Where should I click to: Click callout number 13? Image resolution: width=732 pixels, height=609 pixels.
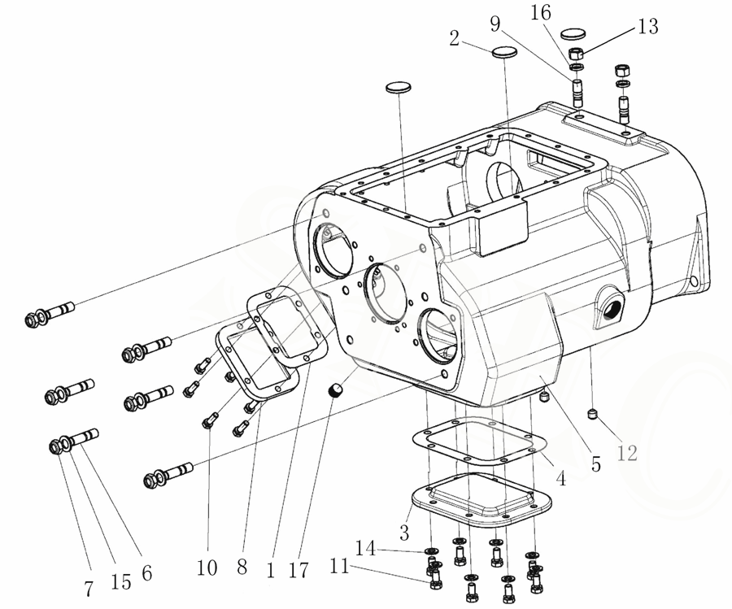[x=648, y=26]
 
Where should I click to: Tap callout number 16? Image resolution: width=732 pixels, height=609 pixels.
[x=541, y=12]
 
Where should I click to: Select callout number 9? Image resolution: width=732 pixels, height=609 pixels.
[x=495, y=24]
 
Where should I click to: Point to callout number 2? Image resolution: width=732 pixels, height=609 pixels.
[x=454, y=39]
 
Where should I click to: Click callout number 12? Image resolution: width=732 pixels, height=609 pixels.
[x=627, y=453]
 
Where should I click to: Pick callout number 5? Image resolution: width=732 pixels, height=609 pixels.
[x=596, y=464]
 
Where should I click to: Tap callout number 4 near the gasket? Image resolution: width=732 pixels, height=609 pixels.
[x=560, y=478]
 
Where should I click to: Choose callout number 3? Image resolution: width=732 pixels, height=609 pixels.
[x=404, y=532]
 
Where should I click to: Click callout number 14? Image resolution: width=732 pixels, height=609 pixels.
[x=365, y=548]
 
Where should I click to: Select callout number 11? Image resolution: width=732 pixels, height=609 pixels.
[x=339, y=567]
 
